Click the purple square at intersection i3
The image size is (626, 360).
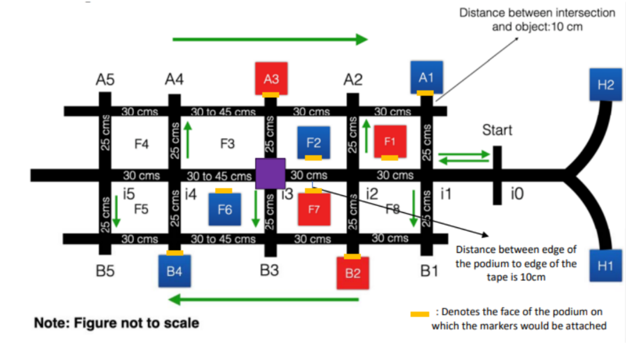[x=270, y=173]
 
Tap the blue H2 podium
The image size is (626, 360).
[x=605, y=84]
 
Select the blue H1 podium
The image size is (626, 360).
[x=605, y=265]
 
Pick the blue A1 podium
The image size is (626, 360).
[x=426, y=77]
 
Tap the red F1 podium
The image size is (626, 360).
[x=390, y=141]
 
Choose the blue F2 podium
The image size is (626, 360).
[x=314, y=142]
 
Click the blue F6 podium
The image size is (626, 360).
[x=225, y=209]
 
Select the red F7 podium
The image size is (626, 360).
[x=314, y=209]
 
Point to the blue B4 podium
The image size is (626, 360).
[x=174, y=270]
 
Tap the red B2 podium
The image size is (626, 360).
[x=353, y=272]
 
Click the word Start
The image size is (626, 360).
[x=497, y=130]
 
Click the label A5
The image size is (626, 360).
[x=105, y=79]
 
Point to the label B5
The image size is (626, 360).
[x=105, y=271]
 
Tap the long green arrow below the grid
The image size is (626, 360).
[x=263, y=299]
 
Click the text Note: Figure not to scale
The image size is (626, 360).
[x=116, y=323]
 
